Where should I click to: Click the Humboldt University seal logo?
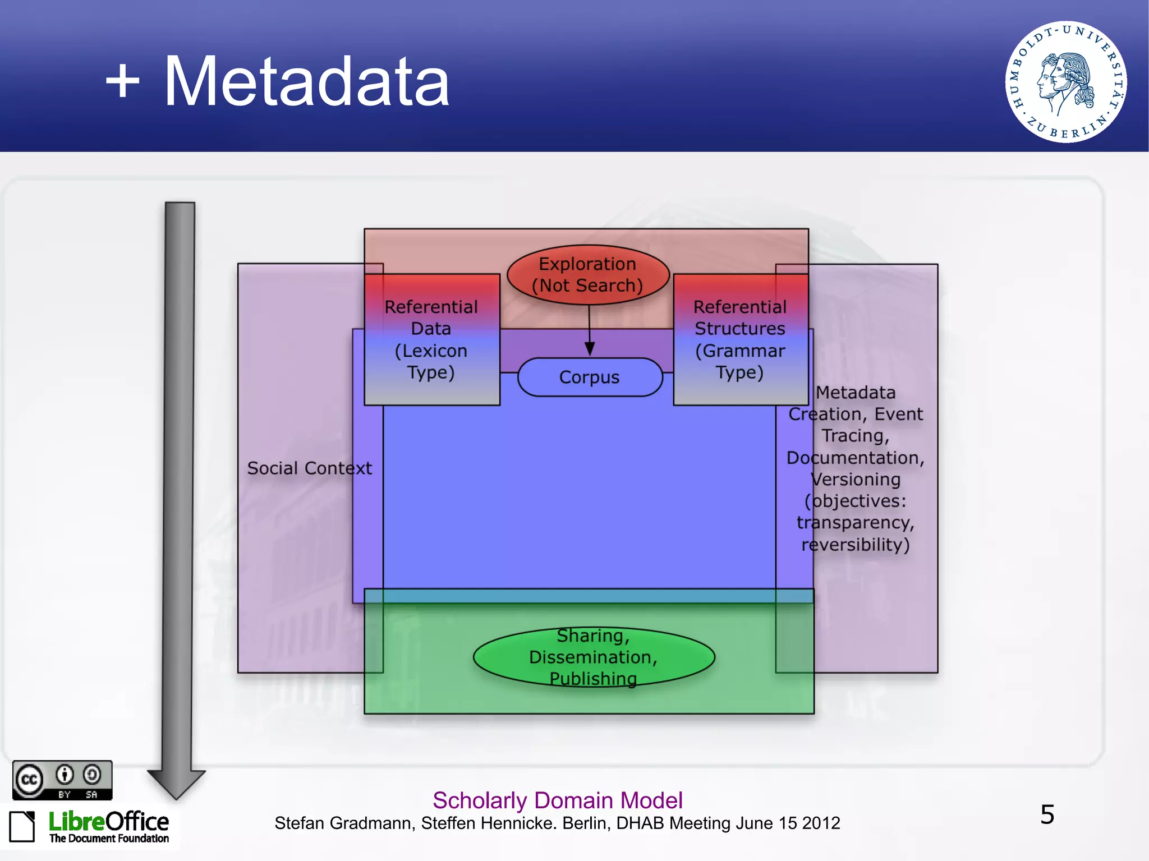click(1065, 82)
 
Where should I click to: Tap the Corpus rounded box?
click(590, 377)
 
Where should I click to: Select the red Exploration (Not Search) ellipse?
click(588, 275)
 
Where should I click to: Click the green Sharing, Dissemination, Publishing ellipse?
click(594, 657)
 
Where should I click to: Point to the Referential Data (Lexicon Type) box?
click(431, 339)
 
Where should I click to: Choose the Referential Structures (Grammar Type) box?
click(741, 339)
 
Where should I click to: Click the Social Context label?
click(309, 468)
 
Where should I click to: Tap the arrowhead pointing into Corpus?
click(590, 348)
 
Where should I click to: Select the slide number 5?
click(1047, 814)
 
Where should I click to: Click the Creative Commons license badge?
click(62, 780)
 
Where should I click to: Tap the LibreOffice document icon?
click(22, 826)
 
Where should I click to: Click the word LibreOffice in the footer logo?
click(108, 822)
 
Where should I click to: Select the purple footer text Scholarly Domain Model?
click(558, 800)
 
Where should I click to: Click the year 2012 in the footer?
click(821, 823)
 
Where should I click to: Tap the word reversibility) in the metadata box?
click(855, 545)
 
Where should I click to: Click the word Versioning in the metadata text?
click(856, 480)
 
